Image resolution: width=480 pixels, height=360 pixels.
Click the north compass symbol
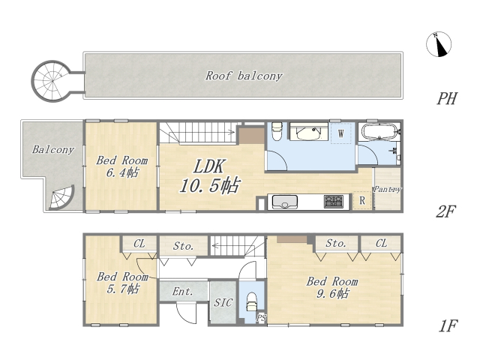tap(439, 44)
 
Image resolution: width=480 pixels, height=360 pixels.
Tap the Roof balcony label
tap(244, 76)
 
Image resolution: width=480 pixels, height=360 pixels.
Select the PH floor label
tap(447, 98)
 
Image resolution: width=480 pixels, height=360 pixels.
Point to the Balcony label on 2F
tap(53, 149)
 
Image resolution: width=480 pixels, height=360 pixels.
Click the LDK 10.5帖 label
tap(210, 176)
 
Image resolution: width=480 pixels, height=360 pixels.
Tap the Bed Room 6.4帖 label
tap(121, 166)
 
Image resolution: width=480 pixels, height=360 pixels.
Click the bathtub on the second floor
tap(379, 132)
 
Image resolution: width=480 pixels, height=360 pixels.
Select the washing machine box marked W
tap(340, 133)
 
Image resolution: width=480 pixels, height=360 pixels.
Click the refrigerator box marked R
tap(362, 200)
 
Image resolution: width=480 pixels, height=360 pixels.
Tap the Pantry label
tap(387, 190)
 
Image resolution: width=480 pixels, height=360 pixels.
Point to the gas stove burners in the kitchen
tap(334, 202)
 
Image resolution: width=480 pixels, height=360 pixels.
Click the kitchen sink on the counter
tap(285, 202)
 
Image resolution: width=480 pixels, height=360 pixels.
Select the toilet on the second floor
tap(277, 131)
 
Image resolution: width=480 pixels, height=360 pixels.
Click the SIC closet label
tap(223, 303)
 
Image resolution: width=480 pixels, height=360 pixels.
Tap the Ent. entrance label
tap(182, 291)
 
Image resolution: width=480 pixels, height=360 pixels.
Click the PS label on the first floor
tap(261, 318)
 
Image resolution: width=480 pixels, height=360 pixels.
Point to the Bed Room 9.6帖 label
tap(332, 287)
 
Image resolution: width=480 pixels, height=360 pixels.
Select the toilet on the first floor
tap(252, 301)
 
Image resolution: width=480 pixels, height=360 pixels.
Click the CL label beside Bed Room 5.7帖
tap(139, 244)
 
